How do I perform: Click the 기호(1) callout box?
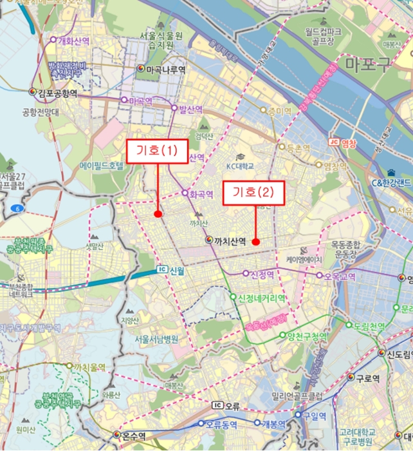click(x=156, y=151)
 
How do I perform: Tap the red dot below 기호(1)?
click(x=158, y=214)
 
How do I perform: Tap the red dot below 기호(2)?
click(x=255, y=242)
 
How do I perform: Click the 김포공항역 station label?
click(x=57, y=93)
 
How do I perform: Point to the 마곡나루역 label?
click(x=165, y=69)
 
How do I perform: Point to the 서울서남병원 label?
click(x=156, y=338)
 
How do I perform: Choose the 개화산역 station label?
click(x=76, y=41)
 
